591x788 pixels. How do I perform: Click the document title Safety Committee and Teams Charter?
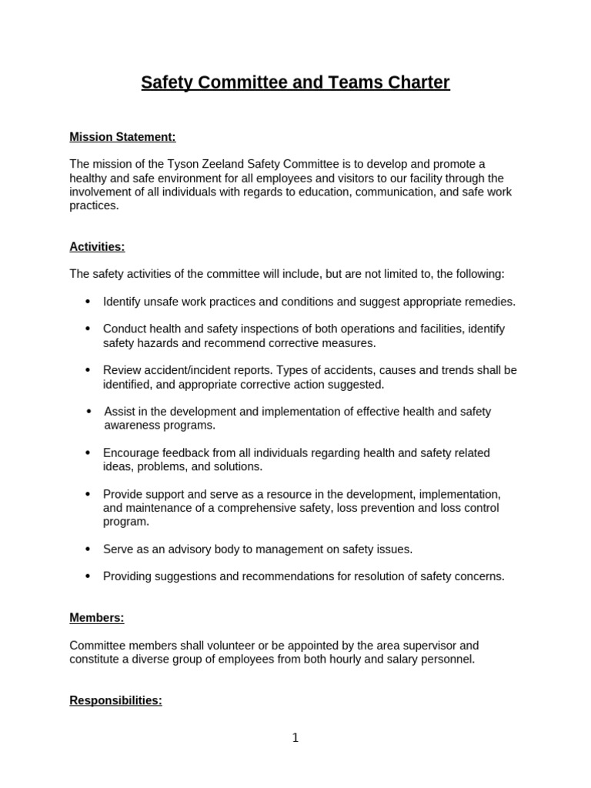click(295, 82)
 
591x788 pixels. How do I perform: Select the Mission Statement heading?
click(122, 137)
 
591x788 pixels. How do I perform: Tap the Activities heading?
click(97, 246)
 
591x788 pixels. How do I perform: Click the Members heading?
click(96, 617)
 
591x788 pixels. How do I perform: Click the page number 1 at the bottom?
click(295, 738)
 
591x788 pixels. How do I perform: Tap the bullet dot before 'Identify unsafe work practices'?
click(87, 301)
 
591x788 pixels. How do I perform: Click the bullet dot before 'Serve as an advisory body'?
click(87, 549)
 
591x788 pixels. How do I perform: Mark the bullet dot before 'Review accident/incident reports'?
click(87, 370)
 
